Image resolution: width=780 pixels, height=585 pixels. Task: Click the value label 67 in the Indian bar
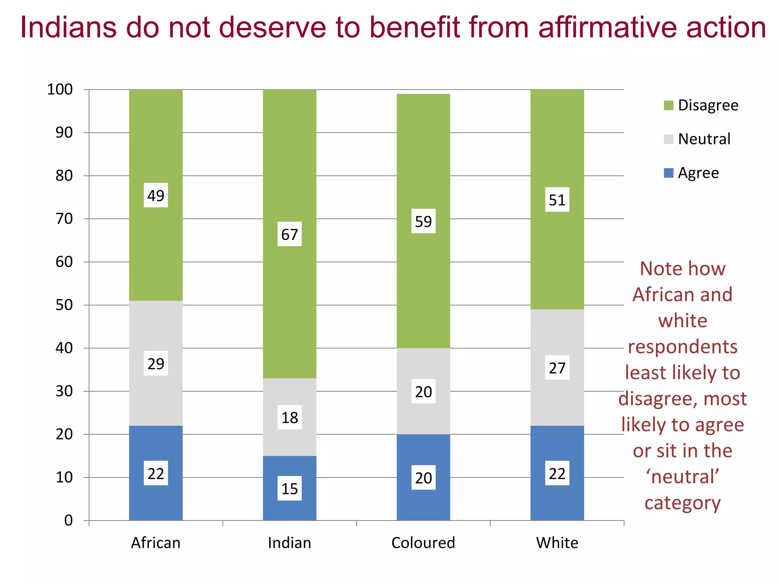coord(289,234)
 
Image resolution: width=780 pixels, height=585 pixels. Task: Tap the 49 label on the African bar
coord(156,195)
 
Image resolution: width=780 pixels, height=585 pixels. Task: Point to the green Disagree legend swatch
coord(668,105)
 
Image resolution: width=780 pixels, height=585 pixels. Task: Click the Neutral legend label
coord(704,139)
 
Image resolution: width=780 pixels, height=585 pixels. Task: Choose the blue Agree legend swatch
coord(668,173)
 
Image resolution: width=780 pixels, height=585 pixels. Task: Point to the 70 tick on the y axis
coord(64,219)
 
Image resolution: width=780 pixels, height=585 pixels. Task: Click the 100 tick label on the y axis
coord(60,90)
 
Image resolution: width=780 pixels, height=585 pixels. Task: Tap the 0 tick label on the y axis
coord(68,520)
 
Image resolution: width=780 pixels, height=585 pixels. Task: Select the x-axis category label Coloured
coord(423,543)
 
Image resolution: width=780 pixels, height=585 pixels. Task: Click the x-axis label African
coord(156,543)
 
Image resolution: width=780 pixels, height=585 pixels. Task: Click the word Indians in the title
coord(69,27)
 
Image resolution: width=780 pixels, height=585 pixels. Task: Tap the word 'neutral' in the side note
coord(682,477)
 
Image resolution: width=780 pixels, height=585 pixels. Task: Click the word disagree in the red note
coord(655,399)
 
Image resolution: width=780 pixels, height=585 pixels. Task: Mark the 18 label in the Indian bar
coord(289,417)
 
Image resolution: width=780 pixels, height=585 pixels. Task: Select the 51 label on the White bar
coord(557,200)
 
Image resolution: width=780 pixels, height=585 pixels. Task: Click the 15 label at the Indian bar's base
coord(289,488)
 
